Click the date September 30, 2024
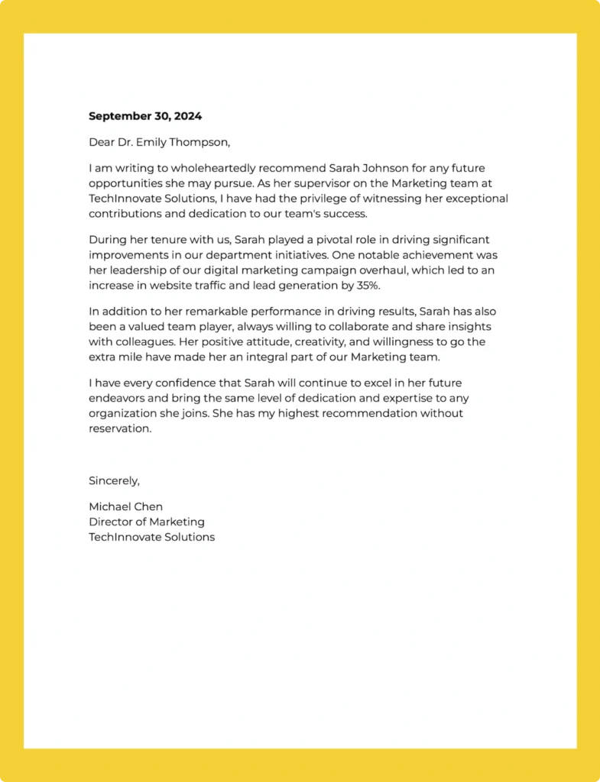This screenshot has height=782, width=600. (145, 116)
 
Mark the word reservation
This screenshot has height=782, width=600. (120, 428)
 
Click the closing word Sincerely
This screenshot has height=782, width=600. (114, 480)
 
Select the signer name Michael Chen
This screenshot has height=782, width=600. (125, 506)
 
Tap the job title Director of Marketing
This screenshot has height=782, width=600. (147, 522)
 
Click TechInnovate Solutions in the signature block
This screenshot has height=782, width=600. (151, 537)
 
